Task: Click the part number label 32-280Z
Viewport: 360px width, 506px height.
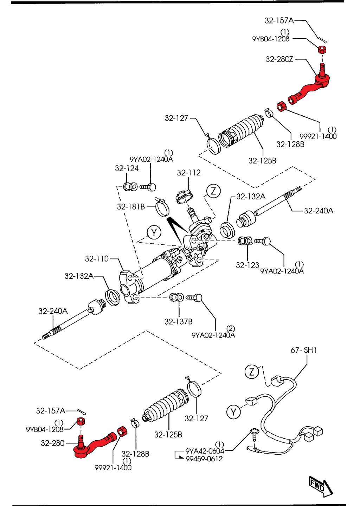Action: (279, 59)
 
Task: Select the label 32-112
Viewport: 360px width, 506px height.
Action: (189, 173)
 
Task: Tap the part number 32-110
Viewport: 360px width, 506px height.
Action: (97, 259)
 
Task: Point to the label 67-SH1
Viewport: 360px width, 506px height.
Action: (303, 350)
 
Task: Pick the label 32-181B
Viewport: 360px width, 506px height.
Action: (131, 207)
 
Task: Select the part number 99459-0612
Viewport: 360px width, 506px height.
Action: (204, 459)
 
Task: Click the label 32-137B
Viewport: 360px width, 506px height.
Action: (179, 321)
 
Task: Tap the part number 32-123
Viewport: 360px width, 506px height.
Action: (247, 265)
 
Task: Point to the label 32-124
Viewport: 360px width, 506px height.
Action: (127, 168)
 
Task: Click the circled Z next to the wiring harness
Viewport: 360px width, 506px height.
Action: (251, 372)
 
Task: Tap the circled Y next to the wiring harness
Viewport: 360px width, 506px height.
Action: (233, 412)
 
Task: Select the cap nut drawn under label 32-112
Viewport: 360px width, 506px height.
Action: (184, 196)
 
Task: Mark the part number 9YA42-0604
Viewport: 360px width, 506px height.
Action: (205, 451)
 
